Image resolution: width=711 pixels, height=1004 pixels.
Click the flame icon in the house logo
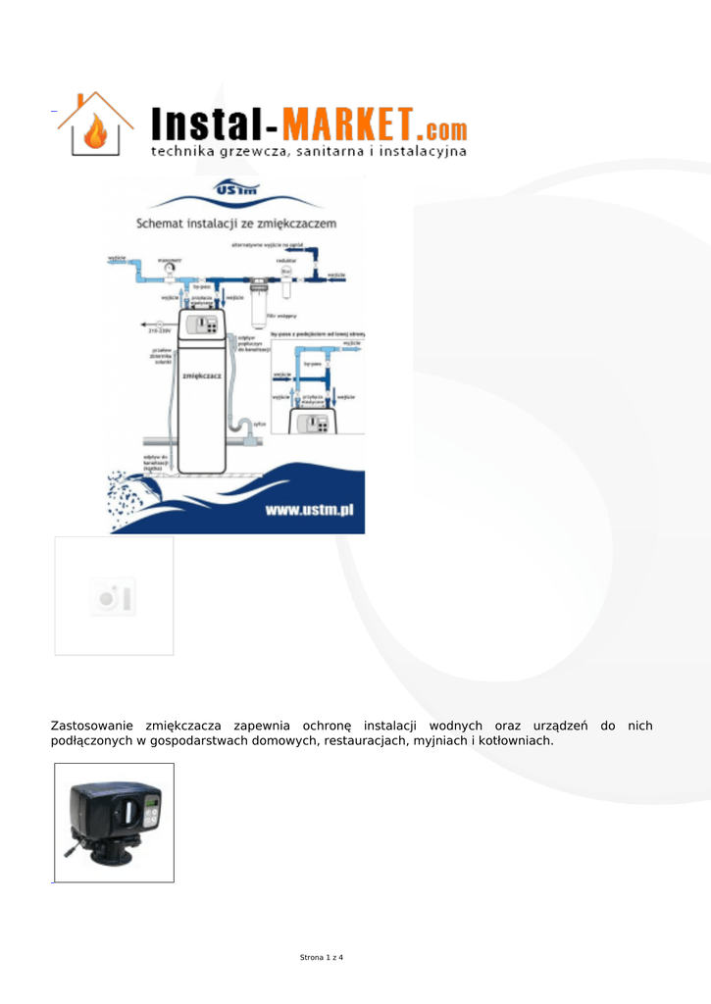pos(96,132)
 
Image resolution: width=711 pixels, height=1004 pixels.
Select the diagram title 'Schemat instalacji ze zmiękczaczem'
pos(235,224)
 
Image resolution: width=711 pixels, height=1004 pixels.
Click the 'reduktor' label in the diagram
pos(286,260)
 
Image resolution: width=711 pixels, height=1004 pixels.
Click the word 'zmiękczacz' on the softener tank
pos(201,375)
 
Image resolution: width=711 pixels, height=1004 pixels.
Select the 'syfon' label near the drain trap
pos(260,424)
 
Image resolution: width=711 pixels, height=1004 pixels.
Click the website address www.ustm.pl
pos(309,512)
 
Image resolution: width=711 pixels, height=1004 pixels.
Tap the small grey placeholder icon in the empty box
pos(113,596)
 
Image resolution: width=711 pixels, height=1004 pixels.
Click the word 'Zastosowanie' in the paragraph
pos(93,726)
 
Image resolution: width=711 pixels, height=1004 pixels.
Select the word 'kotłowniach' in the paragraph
pos(515,741)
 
